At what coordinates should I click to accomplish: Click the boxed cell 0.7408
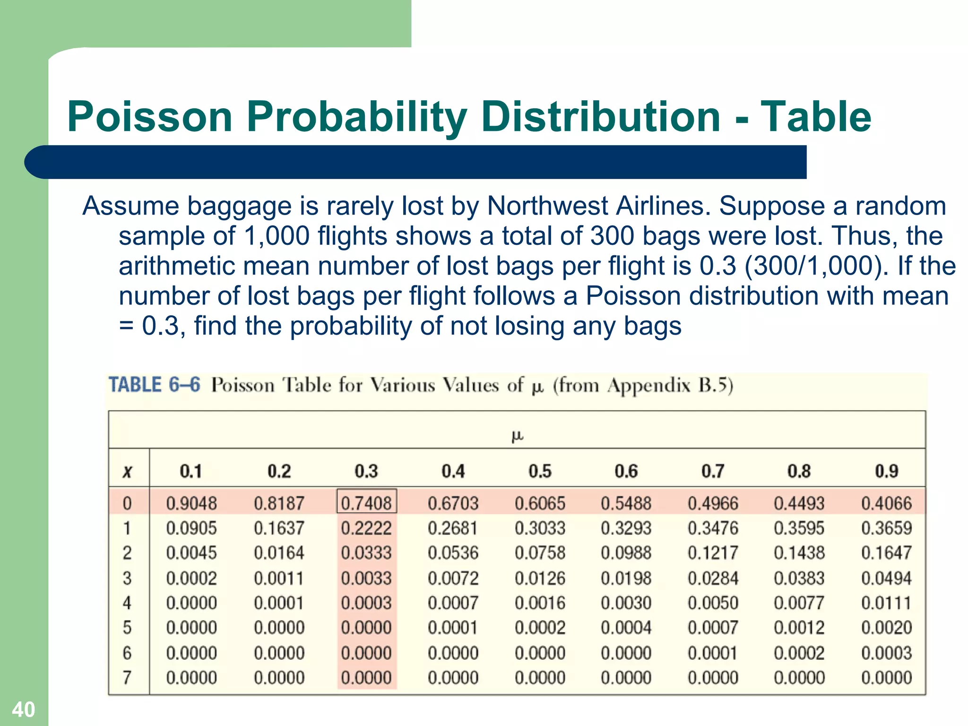click(x=366, y=503)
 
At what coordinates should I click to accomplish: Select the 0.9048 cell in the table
click(x=191, y=503)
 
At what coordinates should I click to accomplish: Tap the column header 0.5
click(x=540, y=471)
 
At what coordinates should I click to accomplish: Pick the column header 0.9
click(x=886, y=471)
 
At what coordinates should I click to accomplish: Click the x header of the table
click(x=127, y=472)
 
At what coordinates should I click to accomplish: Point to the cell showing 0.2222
click(x=366, y=528)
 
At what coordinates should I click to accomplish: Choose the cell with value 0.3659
click(x=886, y=528)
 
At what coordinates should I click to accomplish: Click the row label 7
click(x=127, y=678)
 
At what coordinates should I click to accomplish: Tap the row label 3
click(x=127, y=578)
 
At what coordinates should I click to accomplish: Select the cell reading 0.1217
click(x=713, y=553)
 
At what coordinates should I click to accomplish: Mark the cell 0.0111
click(x=886, y=603)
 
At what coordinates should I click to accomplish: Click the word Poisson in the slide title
click(x=150, y=117)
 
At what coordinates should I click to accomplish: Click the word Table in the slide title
click(x=815, y=117)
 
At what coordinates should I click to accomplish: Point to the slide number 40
click(x=23, y=709)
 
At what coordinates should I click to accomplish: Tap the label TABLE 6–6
click(x=155, y=385)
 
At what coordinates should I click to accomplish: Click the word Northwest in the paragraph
click(x=547, y=206)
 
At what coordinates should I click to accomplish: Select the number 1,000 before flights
click(x=277, y=236)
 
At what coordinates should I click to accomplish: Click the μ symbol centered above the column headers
click(x=517, y=436)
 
